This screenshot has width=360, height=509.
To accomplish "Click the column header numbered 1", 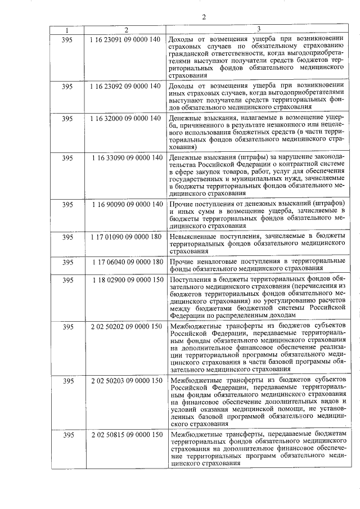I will pos(68,29).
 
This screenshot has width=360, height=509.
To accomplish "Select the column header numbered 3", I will pos(259,29).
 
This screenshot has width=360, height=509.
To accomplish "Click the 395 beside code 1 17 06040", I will pos(68,262).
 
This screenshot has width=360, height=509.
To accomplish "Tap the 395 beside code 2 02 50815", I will pos(68,435).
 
